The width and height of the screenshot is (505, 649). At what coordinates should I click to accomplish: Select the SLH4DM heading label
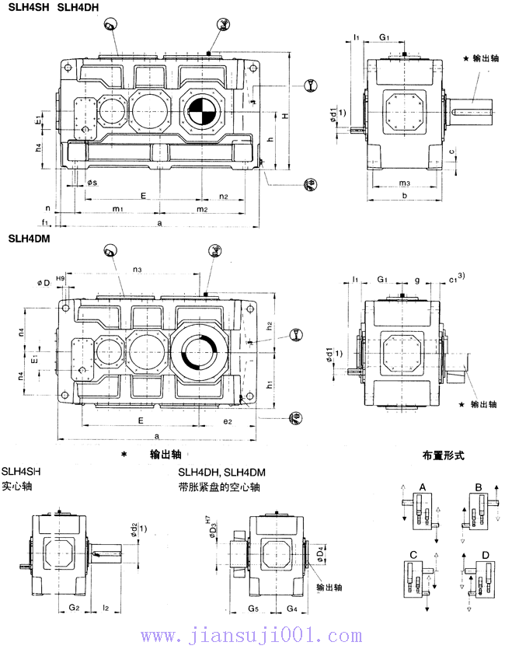[x=28, y=239]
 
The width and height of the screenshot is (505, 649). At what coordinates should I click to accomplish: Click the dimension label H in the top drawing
[x=285, y=116]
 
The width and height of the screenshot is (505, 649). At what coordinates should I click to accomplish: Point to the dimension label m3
[x=404, y=183]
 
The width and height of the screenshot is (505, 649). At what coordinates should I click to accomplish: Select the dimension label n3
[x=137, y=270]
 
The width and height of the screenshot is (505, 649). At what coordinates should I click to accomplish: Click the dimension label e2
[x=228, y=420]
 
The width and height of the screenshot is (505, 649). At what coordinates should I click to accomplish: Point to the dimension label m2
[x=201, y=210]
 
